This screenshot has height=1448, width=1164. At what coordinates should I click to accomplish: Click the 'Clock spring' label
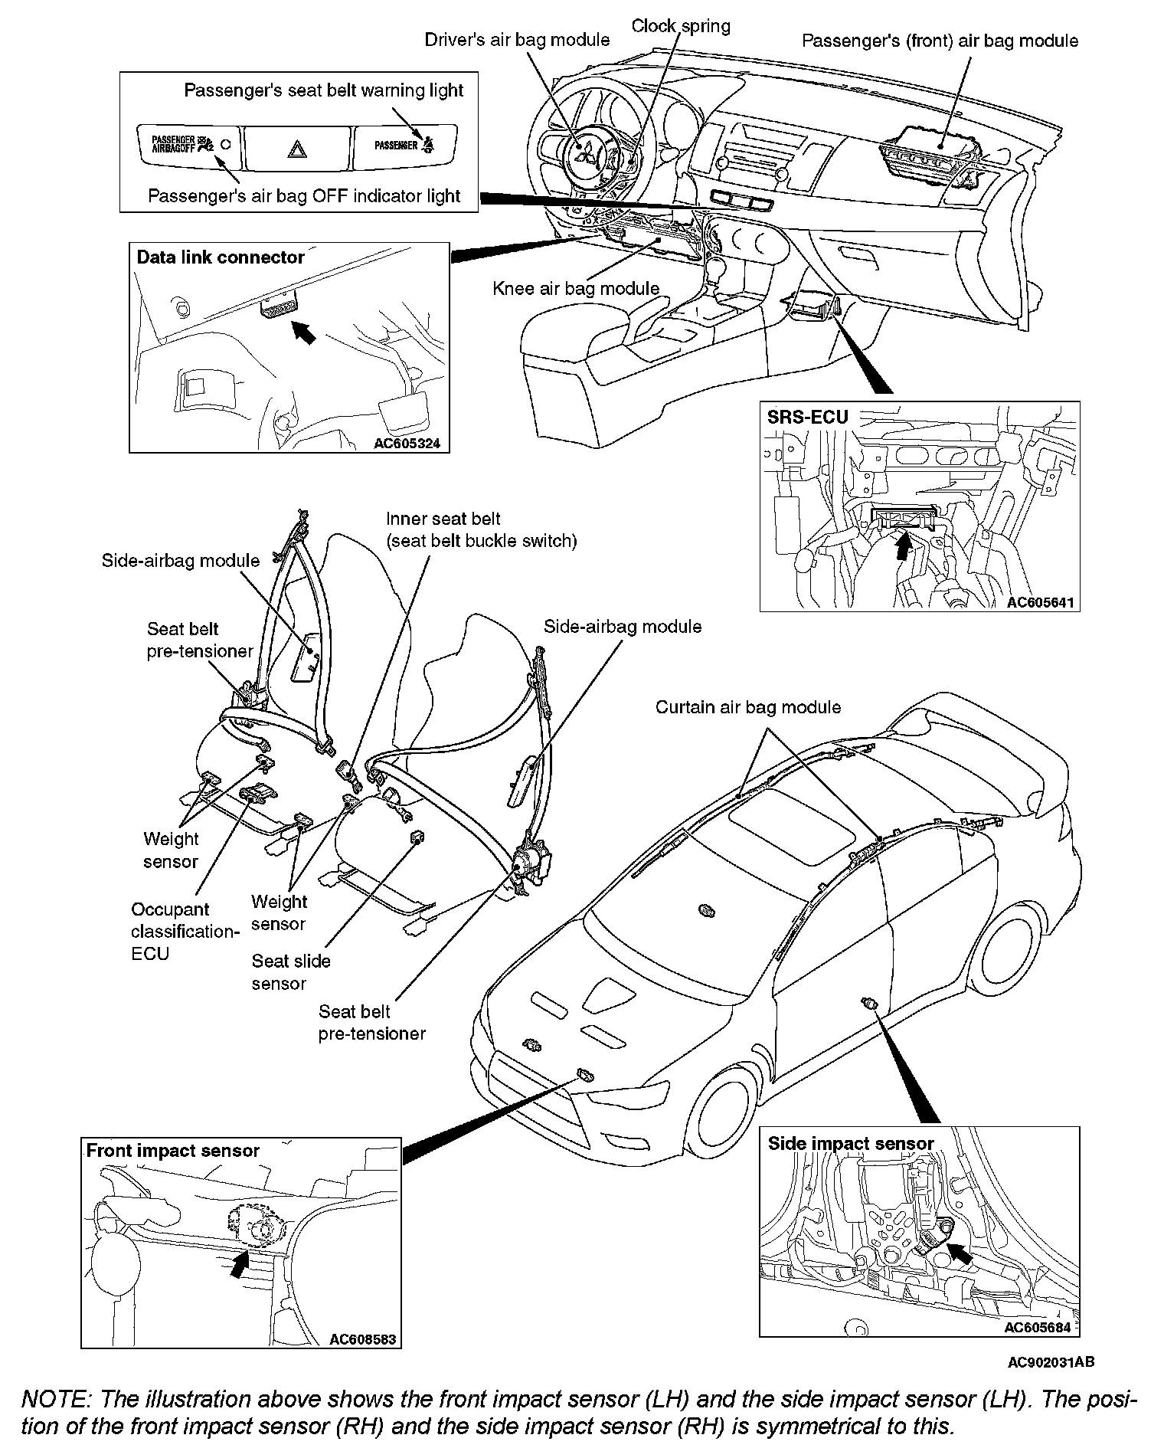[x=680, y=26]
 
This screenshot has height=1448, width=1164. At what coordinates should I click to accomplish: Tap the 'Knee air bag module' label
[x=576, y=289]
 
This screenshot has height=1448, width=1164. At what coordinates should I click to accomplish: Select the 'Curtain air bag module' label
[x=747, y=707]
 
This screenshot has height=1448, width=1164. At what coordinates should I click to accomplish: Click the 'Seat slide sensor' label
[x=291, y=971]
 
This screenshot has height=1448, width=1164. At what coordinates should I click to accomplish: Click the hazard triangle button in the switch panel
[x=296, y=148]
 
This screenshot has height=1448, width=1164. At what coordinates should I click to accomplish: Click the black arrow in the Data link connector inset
[x=304, y=333]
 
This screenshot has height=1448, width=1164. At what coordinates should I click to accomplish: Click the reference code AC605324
[x=407, y=443]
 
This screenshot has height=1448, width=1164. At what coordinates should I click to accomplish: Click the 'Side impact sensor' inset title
[x=850, y=1144]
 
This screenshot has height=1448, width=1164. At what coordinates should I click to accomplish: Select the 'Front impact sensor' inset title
[x=172, y=1150]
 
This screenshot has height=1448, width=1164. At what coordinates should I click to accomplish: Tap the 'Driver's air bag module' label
[x=517, y=40]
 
